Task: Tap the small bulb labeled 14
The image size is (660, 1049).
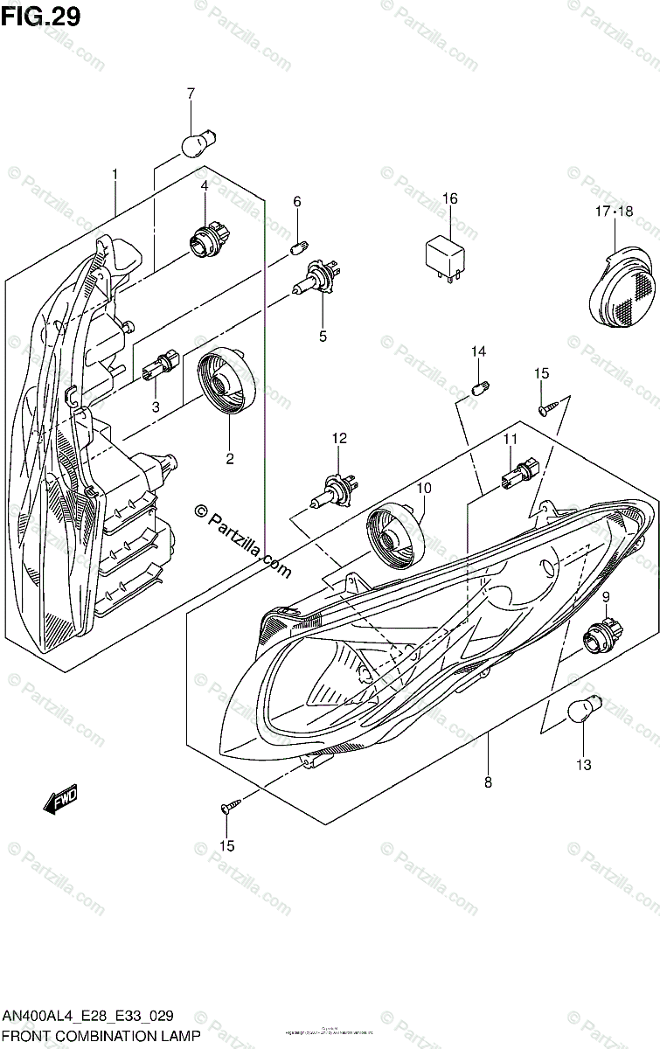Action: (479, 385)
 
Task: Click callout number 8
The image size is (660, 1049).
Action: (488, 782)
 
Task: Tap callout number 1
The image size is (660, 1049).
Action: (115, 176)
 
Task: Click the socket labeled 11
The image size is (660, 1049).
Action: (511, 475)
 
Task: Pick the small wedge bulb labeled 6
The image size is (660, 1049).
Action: (297, 246)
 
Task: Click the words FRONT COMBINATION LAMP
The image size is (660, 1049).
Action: (102, 1036)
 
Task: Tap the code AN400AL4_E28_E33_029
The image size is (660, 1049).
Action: (87, 1016)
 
